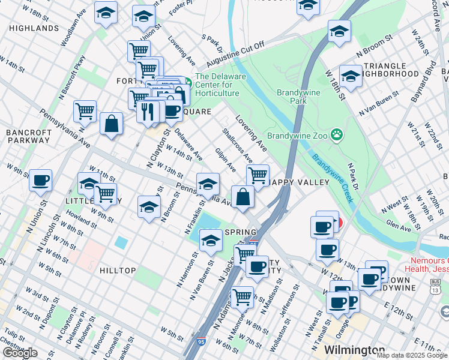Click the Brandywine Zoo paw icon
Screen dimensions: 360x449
[x=337, y=135]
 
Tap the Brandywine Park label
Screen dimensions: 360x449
[x=300, y=97]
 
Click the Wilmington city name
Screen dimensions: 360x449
[x=354, y=349]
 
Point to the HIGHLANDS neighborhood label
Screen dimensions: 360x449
[x=34, y=28]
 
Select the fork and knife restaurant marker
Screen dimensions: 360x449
[x=146, y=111]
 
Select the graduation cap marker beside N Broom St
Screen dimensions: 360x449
[x=149, y=207]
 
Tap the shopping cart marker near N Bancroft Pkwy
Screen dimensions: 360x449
[x=85, y=110]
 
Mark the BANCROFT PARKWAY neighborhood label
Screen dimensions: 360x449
[x=28, y=136]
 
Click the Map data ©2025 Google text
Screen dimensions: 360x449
[x=411, y=355]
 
